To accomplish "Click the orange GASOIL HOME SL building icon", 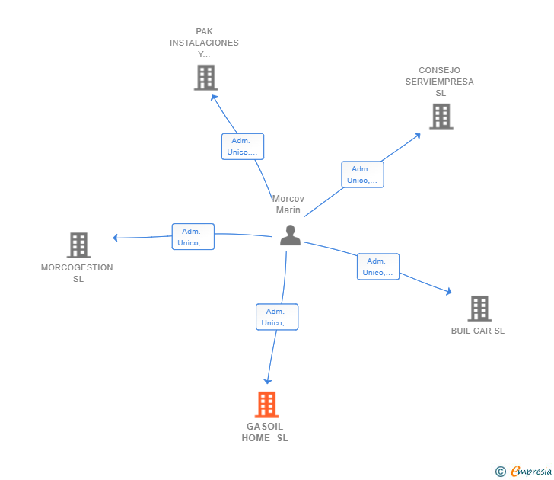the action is click(x=267, y=405).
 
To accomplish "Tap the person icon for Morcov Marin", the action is click(x=290, y=235).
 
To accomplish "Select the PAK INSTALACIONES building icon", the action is click(x=206, y=78).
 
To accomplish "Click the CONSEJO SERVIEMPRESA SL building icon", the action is click(x=441, y=117).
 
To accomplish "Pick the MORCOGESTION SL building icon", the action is click(x=79, y=245).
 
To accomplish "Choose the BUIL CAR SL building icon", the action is click(x=479, y=309).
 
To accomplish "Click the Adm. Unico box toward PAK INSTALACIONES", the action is click(x=243, y=146).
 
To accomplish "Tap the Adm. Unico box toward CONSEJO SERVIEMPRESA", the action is click(x=362, y=174).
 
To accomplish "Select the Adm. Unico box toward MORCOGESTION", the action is click(x=193, y=237).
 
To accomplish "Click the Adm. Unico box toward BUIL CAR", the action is click(x=378, y=267).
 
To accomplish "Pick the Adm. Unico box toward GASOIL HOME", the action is click(x=277, y=317).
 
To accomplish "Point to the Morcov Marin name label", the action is click(x=288, y=204).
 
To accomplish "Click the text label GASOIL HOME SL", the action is click(x=265, y=432).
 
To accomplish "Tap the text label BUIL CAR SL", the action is click(x=478, y=331).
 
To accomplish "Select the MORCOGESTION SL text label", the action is click(x=77, y=273).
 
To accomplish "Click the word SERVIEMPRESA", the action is click(x=440, y=82).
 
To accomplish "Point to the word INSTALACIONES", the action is click(x=204, y=43).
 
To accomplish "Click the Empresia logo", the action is click(x=524, y=471).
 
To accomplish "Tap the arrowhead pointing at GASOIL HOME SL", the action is click(x=267, y=381).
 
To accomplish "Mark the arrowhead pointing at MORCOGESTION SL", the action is click(x=115, y=238).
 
